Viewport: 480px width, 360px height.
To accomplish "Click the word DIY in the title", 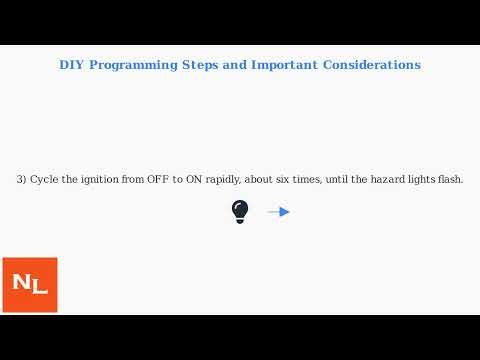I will (72, 65).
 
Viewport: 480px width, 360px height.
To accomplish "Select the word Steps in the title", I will (200, 65).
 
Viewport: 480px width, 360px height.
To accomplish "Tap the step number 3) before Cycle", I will (21, 180).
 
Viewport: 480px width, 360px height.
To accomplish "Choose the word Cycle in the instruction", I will (44, 180).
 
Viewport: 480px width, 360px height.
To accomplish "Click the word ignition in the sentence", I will (98, 180).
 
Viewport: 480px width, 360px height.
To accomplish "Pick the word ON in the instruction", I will (194, 180).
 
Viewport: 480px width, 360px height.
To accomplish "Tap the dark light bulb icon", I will (240, 211).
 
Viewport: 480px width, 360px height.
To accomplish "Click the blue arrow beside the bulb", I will (279, 212).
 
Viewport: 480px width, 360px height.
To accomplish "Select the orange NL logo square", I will (30, 285).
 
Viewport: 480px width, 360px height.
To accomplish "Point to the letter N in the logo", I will (22, 283).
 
